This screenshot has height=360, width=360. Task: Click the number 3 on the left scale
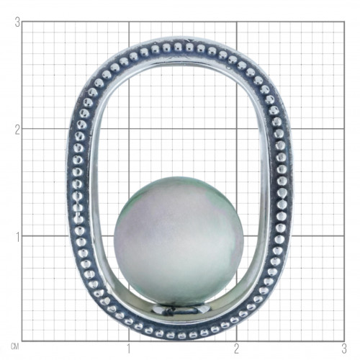point(17,22)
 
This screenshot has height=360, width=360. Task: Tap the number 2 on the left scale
point(17,130)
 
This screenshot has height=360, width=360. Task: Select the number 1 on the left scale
point(17,237)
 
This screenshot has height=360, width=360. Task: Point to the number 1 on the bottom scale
point(129,349)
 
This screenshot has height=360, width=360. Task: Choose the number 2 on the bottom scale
point(237,349)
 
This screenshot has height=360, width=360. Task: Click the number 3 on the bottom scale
point(344,349)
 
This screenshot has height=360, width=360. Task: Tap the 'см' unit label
point(14,346)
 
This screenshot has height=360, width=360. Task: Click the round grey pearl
point(179,240)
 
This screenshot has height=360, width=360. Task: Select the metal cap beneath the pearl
point(179,310)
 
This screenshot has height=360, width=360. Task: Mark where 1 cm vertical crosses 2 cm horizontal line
point(129,129)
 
